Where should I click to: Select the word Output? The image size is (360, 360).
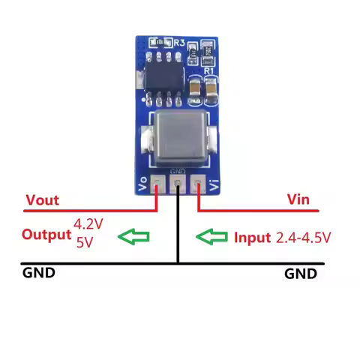46,234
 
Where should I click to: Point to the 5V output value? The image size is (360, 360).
84,242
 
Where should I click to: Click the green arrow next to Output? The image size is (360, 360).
135,237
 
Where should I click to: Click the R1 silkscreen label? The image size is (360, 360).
209,71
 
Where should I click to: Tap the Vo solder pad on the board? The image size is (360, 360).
158,182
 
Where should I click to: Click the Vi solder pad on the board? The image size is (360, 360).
197,182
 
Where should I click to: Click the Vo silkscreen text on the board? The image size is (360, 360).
145,183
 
